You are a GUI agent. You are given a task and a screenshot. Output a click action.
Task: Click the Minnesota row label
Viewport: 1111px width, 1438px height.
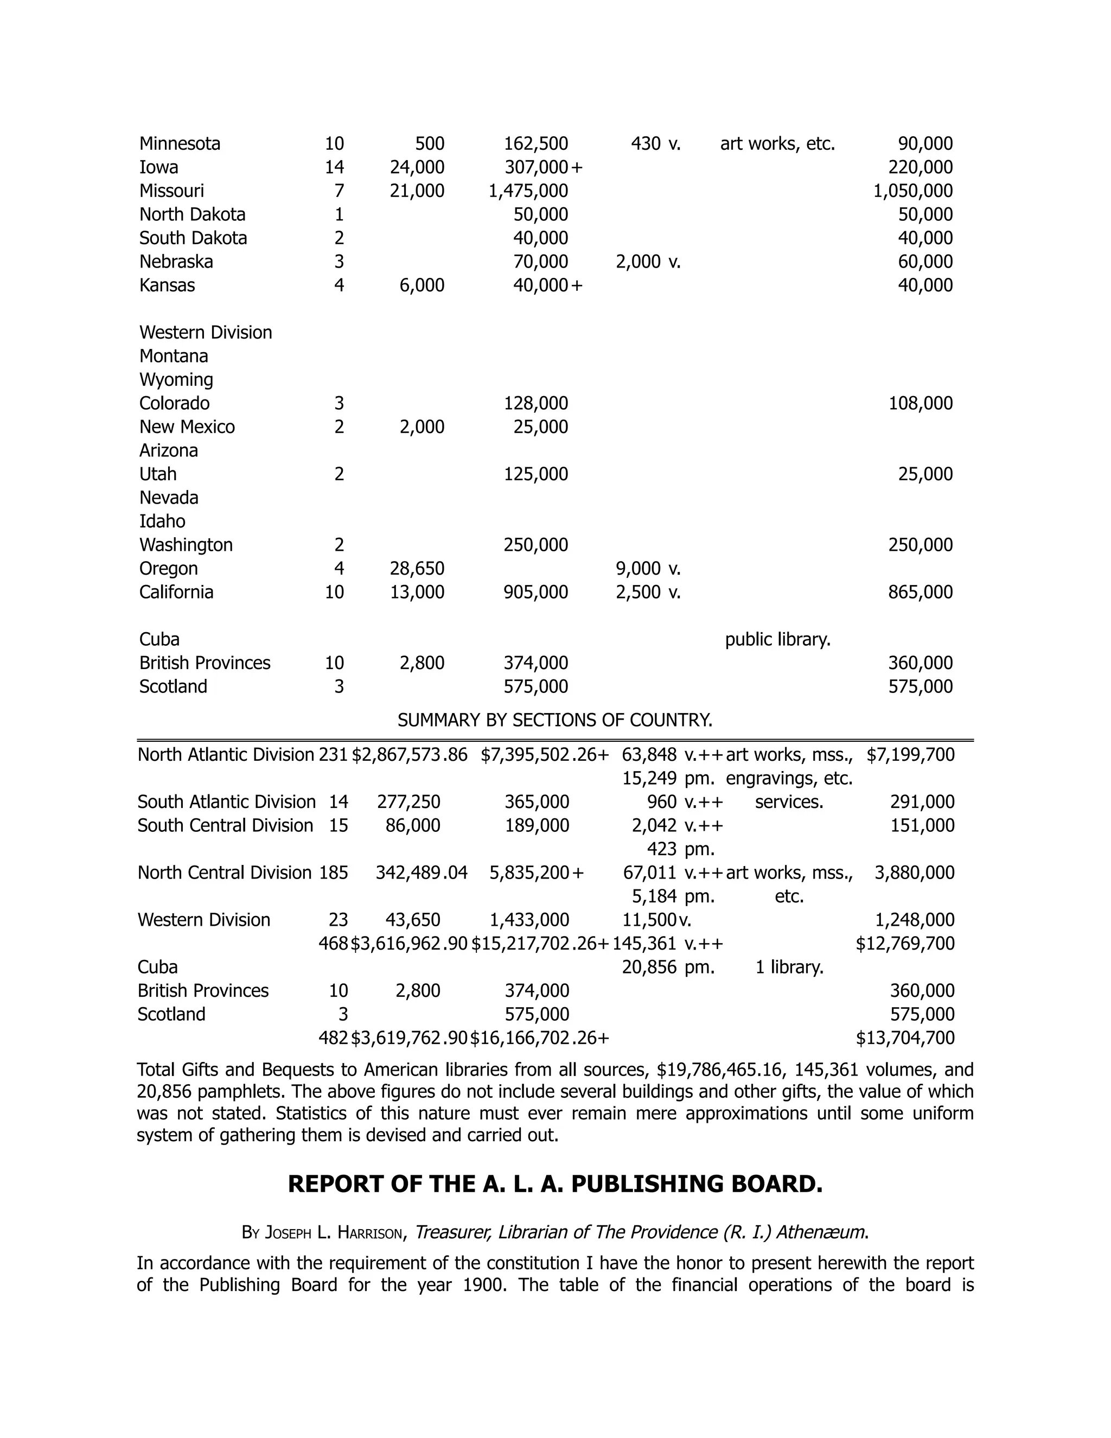180,144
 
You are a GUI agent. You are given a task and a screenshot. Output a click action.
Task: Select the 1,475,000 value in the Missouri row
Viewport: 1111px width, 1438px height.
528,191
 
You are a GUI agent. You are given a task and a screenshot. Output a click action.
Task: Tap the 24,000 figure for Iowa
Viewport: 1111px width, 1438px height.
417,167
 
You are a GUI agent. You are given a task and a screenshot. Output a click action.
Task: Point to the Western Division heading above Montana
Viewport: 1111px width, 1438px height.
206,333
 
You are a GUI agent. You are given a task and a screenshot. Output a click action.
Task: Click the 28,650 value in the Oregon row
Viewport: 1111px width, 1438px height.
417,568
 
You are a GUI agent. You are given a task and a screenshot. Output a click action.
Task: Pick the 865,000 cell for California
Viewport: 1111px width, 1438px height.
920,592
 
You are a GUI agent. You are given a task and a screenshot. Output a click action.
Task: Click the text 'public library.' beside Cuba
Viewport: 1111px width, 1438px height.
777,639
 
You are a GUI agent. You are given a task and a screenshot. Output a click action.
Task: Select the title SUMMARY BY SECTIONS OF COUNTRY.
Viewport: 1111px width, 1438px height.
555,720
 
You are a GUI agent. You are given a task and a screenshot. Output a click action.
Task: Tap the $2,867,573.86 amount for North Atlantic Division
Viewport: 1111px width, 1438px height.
410,755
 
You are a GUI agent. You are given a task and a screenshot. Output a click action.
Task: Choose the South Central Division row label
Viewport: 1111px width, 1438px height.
225,826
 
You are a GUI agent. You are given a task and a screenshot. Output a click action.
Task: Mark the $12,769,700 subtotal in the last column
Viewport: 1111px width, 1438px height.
905,944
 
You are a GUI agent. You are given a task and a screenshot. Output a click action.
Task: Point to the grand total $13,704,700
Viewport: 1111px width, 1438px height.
905,1038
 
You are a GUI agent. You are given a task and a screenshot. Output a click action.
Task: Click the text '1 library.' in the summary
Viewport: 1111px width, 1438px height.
789,967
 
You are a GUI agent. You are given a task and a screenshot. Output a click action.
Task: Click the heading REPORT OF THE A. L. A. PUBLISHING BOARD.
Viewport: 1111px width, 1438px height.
555,1185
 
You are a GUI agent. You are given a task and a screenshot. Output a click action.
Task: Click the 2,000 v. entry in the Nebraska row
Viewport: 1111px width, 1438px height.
648,262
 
